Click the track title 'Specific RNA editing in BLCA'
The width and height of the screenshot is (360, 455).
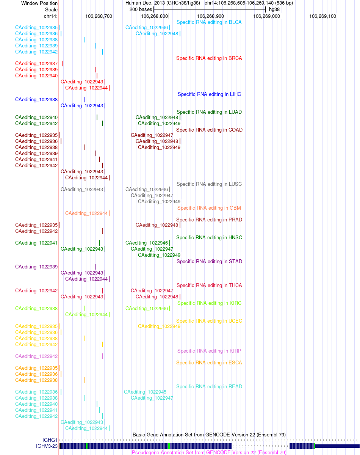click(209, 22)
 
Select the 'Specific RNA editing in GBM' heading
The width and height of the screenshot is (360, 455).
click(209, 208)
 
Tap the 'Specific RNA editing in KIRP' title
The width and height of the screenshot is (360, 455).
click(209, 351)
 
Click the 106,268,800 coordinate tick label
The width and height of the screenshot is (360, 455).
click(154, 16)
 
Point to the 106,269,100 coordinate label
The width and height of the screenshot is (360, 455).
click(322, 16)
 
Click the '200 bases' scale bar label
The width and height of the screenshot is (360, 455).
click(141, 9)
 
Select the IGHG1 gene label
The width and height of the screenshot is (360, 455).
click(50, 440)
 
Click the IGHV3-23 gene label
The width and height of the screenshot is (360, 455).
click(47, 446)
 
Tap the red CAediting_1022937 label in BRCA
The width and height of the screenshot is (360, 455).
click(36, 63)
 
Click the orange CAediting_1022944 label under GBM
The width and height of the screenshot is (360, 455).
click(86, 213)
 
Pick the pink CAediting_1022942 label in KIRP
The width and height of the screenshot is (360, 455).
click(36, 356)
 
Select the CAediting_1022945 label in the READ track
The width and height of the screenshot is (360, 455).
click(145, 392)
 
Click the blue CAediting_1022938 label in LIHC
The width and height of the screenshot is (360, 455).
click(36, 99)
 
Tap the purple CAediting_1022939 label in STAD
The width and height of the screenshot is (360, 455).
click(36, 267)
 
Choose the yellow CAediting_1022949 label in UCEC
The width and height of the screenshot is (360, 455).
click(159, 326)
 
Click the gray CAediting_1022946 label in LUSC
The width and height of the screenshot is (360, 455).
click(147, 189)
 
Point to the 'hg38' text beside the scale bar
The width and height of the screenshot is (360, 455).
click(274, 9)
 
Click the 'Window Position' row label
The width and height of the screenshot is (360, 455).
click(39, 3)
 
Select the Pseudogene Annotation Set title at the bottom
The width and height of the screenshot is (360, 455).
click(209, 452)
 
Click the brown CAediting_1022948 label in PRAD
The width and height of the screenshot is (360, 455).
click(157, 225)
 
